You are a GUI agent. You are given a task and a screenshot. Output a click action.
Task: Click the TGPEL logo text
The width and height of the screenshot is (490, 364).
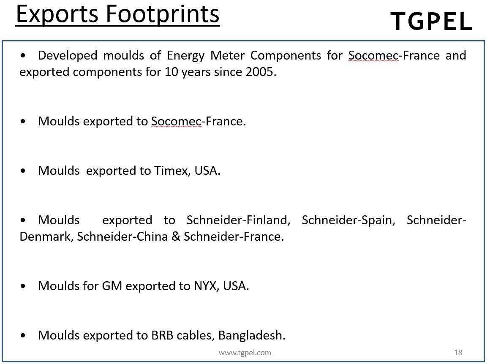(431, 21)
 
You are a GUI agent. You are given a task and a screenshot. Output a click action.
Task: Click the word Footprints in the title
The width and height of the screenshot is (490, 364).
(163, 14)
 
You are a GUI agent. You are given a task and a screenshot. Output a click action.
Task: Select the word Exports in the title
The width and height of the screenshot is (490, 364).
(57, 15)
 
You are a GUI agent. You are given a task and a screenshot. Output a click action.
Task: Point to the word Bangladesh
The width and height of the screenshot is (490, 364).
(252, 335)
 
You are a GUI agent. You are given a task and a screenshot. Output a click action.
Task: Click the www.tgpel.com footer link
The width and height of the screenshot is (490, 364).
(245, 353)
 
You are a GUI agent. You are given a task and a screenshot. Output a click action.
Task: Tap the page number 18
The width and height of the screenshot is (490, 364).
(458, 353)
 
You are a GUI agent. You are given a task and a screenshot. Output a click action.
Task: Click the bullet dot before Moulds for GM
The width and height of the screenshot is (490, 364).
(23, 286)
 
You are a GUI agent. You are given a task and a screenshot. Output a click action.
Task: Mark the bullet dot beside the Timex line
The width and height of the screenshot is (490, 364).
(23, 171)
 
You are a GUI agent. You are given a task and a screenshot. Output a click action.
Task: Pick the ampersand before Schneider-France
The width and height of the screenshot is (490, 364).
(176, 236)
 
